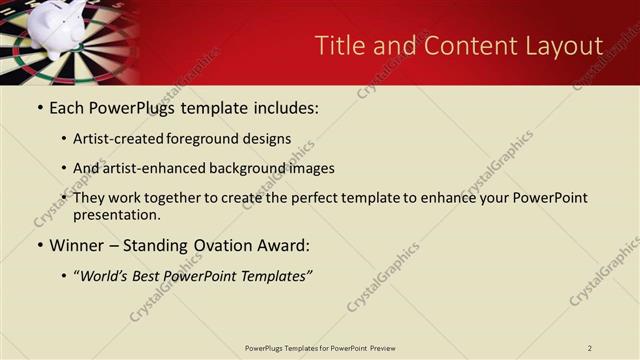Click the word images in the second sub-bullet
point(310,169)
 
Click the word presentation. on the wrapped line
point(116,214)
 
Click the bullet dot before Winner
point(39,246)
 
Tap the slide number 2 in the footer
point(590,348)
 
